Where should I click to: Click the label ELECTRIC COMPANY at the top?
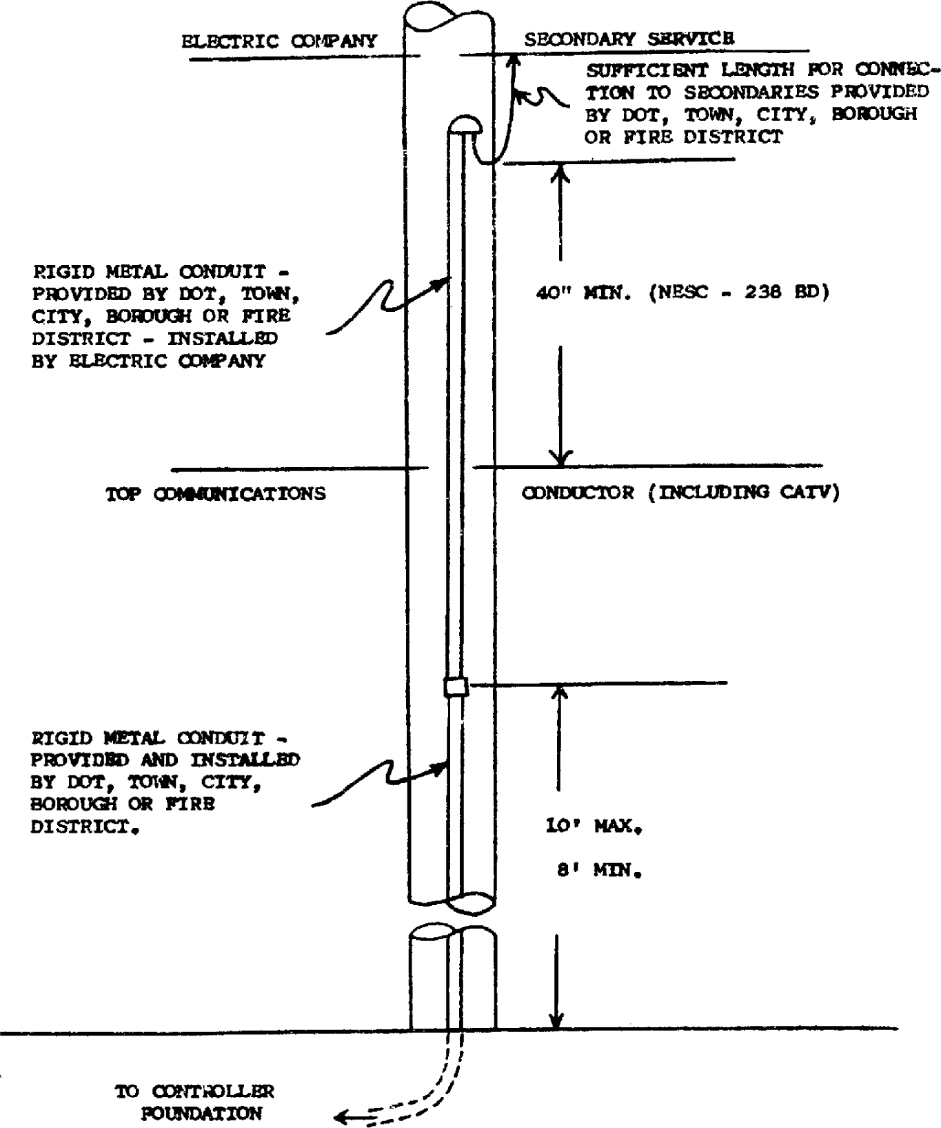(x=279, y=41)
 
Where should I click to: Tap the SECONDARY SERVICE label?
(x=629, y=39)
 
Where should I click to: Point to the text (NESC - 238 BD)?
(x=738, y=293)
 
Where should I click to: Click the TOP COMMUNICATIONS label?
(x=215, y=494)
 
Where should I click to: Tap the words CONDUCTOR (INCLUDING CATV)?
(x=680, y=493)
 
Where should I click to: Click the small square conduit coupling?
(x=456, y=687)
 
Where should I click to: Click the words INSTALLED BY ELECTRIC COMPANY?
(x=154, y=350)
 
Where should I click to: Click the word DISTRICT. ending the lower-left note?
(x=81, y=827)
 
